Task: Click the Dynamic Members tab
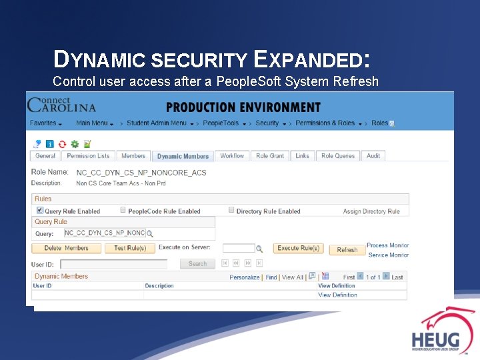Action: [x=183, y=156]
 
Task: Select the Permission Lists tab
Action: [x=88, y=156]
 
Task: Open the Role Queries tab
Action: [x=338, y=156]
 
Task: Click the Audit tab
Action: [x=373, y=156]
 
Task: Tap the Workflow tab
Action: [x=232, y=156]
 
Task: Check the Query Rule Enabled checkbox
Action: [x=39, y=211]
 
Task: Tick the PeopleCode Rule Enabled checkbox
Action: [x=123, y=211]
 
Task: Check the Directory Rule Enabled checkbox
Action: [x=231, y=211]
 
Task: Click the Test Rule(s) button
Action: [x=130, y=248]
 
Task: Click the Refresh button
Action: [x=347, y=249]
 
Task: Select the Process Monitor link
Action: [x=387, y=245]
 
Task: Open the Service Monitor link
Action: [x=389, y=255]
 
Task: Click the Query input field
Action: [x=104, y=233]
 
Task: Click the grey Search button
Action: [x=197, y=264]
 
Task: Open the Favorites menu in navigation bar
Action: [x=45, y=123]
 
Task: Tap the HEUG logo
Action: [x=437, y=330]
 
